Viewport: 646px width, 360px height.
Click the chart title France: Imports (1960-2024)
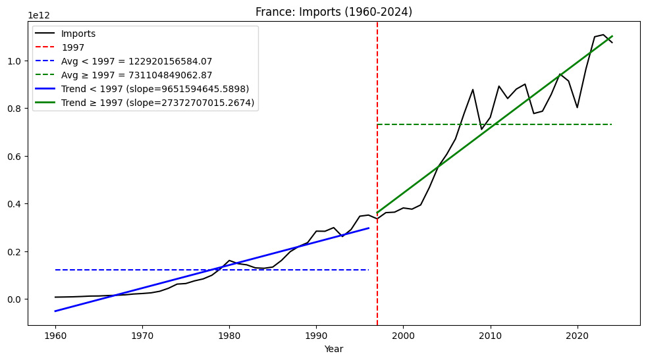pos(334,11)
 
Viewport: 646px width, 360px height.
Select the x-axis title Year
pos(334,349)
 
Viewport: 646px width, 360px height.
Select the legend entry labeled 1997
pos(72,47)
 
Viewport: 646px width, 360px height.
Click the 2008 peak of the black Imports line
pos(473,90)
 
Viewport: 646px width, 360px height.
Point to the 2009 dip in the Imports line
pos(481,129)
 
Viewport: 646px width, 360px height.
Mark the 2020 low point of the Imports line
pos(578,107)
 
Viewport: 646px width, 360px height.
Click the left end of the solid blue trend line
pos(55,311)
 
